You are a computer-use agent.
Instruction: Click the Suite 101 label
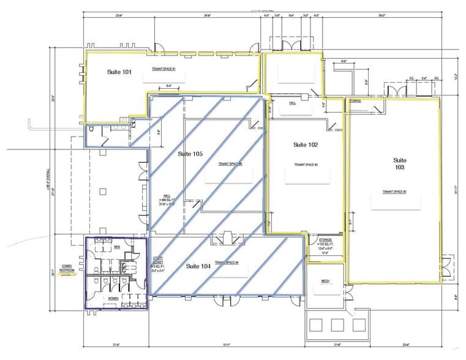119,72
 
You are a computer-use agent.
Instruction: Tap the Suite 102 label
305,145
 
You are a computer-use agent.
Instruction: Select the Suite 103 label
400,163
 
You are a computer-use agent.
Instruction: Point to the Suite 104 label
198,266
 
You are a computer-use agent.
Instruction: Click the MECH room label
325,281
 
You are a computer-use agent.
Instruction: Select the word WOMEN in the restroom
113,298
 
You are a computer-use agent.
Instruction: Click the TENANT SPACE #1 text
164,69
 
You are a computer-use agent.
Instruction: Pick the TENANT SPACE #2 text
305,165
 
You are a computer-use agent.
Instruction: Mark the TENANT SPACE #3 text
394,192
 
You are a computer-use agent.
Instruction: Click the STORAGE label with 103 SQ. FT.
325,243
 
